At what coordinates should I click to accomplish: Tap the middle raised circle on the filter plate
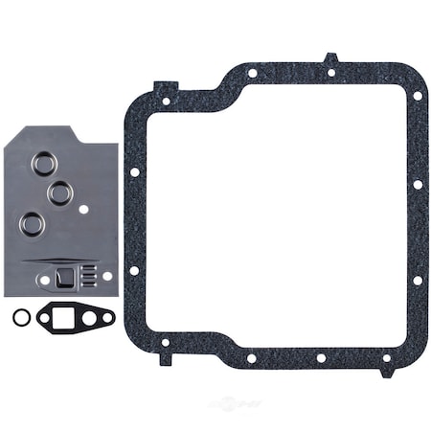[x=60, y=193]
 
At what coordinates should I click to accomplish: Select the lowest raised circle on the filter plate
[x=34, y=224]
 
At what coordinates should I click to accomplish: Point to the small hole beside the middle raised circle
[x=84, y=208]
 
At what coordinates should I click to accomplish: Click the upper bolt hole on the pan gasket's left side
[x=135, y=172]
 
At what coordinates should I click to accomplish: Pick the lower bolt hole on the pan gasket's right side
[x=417, y=280]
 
